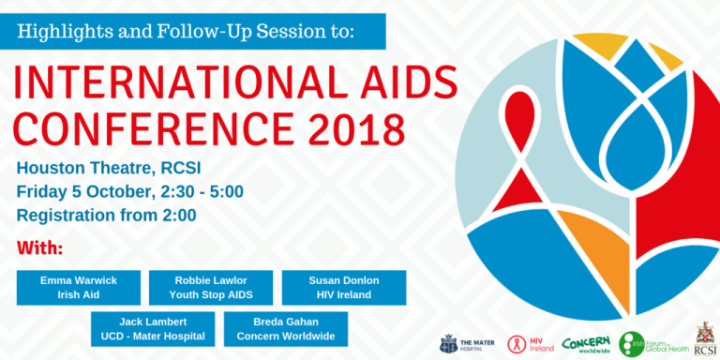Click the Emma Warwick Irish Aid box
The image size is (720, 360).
point(79,288)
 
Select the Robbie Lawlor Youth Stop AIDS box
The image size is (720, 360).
point(211,288)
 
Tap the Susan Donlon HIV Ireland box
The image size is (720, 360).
point(344,288)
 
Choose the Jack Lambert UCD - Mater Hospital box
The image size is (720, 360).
point(152,329)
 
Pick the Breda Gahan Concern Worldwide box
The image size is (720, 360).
point(286,329)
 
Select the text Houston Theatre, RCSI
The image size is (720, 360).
point(109,169)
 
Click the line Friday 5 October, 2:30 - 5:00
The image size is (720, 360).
point(130,192)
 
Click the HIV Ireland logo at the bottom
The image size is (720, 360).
point(531,343)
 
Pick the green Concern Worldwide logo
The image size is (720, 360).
point(586,343)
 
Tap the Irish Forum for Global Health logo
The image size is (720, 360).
point(652,344)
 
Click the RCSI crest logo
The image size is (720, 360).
point(704,339)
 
